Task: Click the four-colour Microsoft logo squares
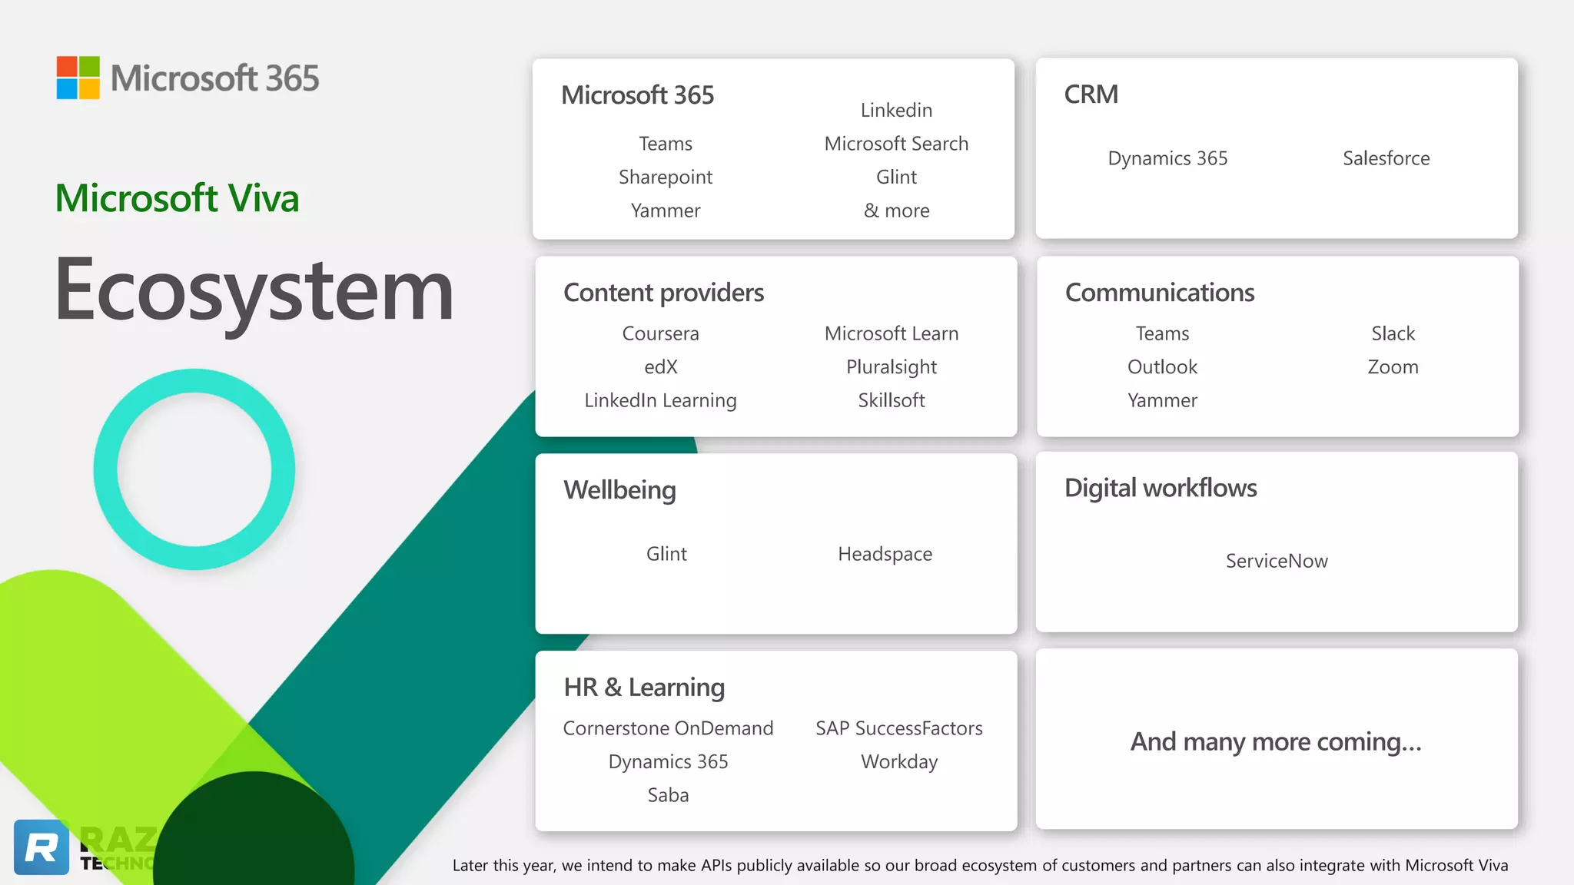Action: (x=78, y=78)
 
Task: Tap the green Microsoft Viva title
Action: (x=177, y=198)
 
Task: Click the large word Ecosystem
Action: (x=254, y=290)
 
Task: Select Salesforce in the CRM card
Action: (x=1386, y=158)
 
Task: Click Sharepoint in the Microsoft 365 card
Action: (x=666, y=177)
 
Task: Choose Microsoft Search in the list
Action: (x=896, y=144)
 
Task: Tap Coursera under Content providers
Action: (x=660, y=333)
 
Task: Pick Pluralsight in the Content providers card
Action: (x=891, y=367)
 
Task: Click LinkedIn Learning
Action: (x=660, y=400)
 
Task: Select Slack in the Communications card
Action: (x=1393, y=333)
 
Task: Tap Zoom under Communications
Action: (x=1393, y=367)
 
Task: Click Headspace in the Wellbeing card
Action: (x=885, y=554)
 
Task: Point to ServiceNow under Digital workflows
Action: (x=1277, y=561)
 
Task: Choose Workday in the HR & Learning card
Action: (x=899, y=761)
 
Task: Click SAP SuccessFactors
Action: (x=899, y=728)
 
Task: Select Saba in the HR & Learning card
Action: (x=668, y=795)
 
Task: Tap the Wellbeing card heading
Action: (x=619, y=490)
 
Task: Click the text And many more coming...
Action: (x=1276, y=742)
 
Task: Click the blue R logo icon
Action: (x=42, y=847)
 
